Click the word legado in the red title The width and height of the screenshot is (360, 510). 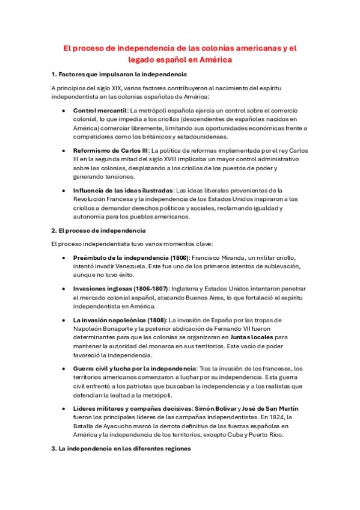point(143,60)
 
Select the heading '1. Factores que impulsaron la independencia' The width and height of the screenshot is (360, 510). point(119,74)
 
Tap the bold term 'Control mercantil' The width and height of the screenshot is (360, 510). point(100,111)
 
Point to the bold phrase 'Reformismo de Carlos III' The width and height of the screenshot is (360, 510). point(111,150)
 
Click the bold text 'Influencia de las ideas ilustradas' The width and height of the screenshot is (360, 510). point(123,190)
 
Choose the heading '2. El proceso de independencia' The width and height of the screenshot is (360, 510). point(99,230)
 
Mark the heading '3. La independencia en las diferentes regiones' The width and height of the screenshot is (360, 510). point(121,448)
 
